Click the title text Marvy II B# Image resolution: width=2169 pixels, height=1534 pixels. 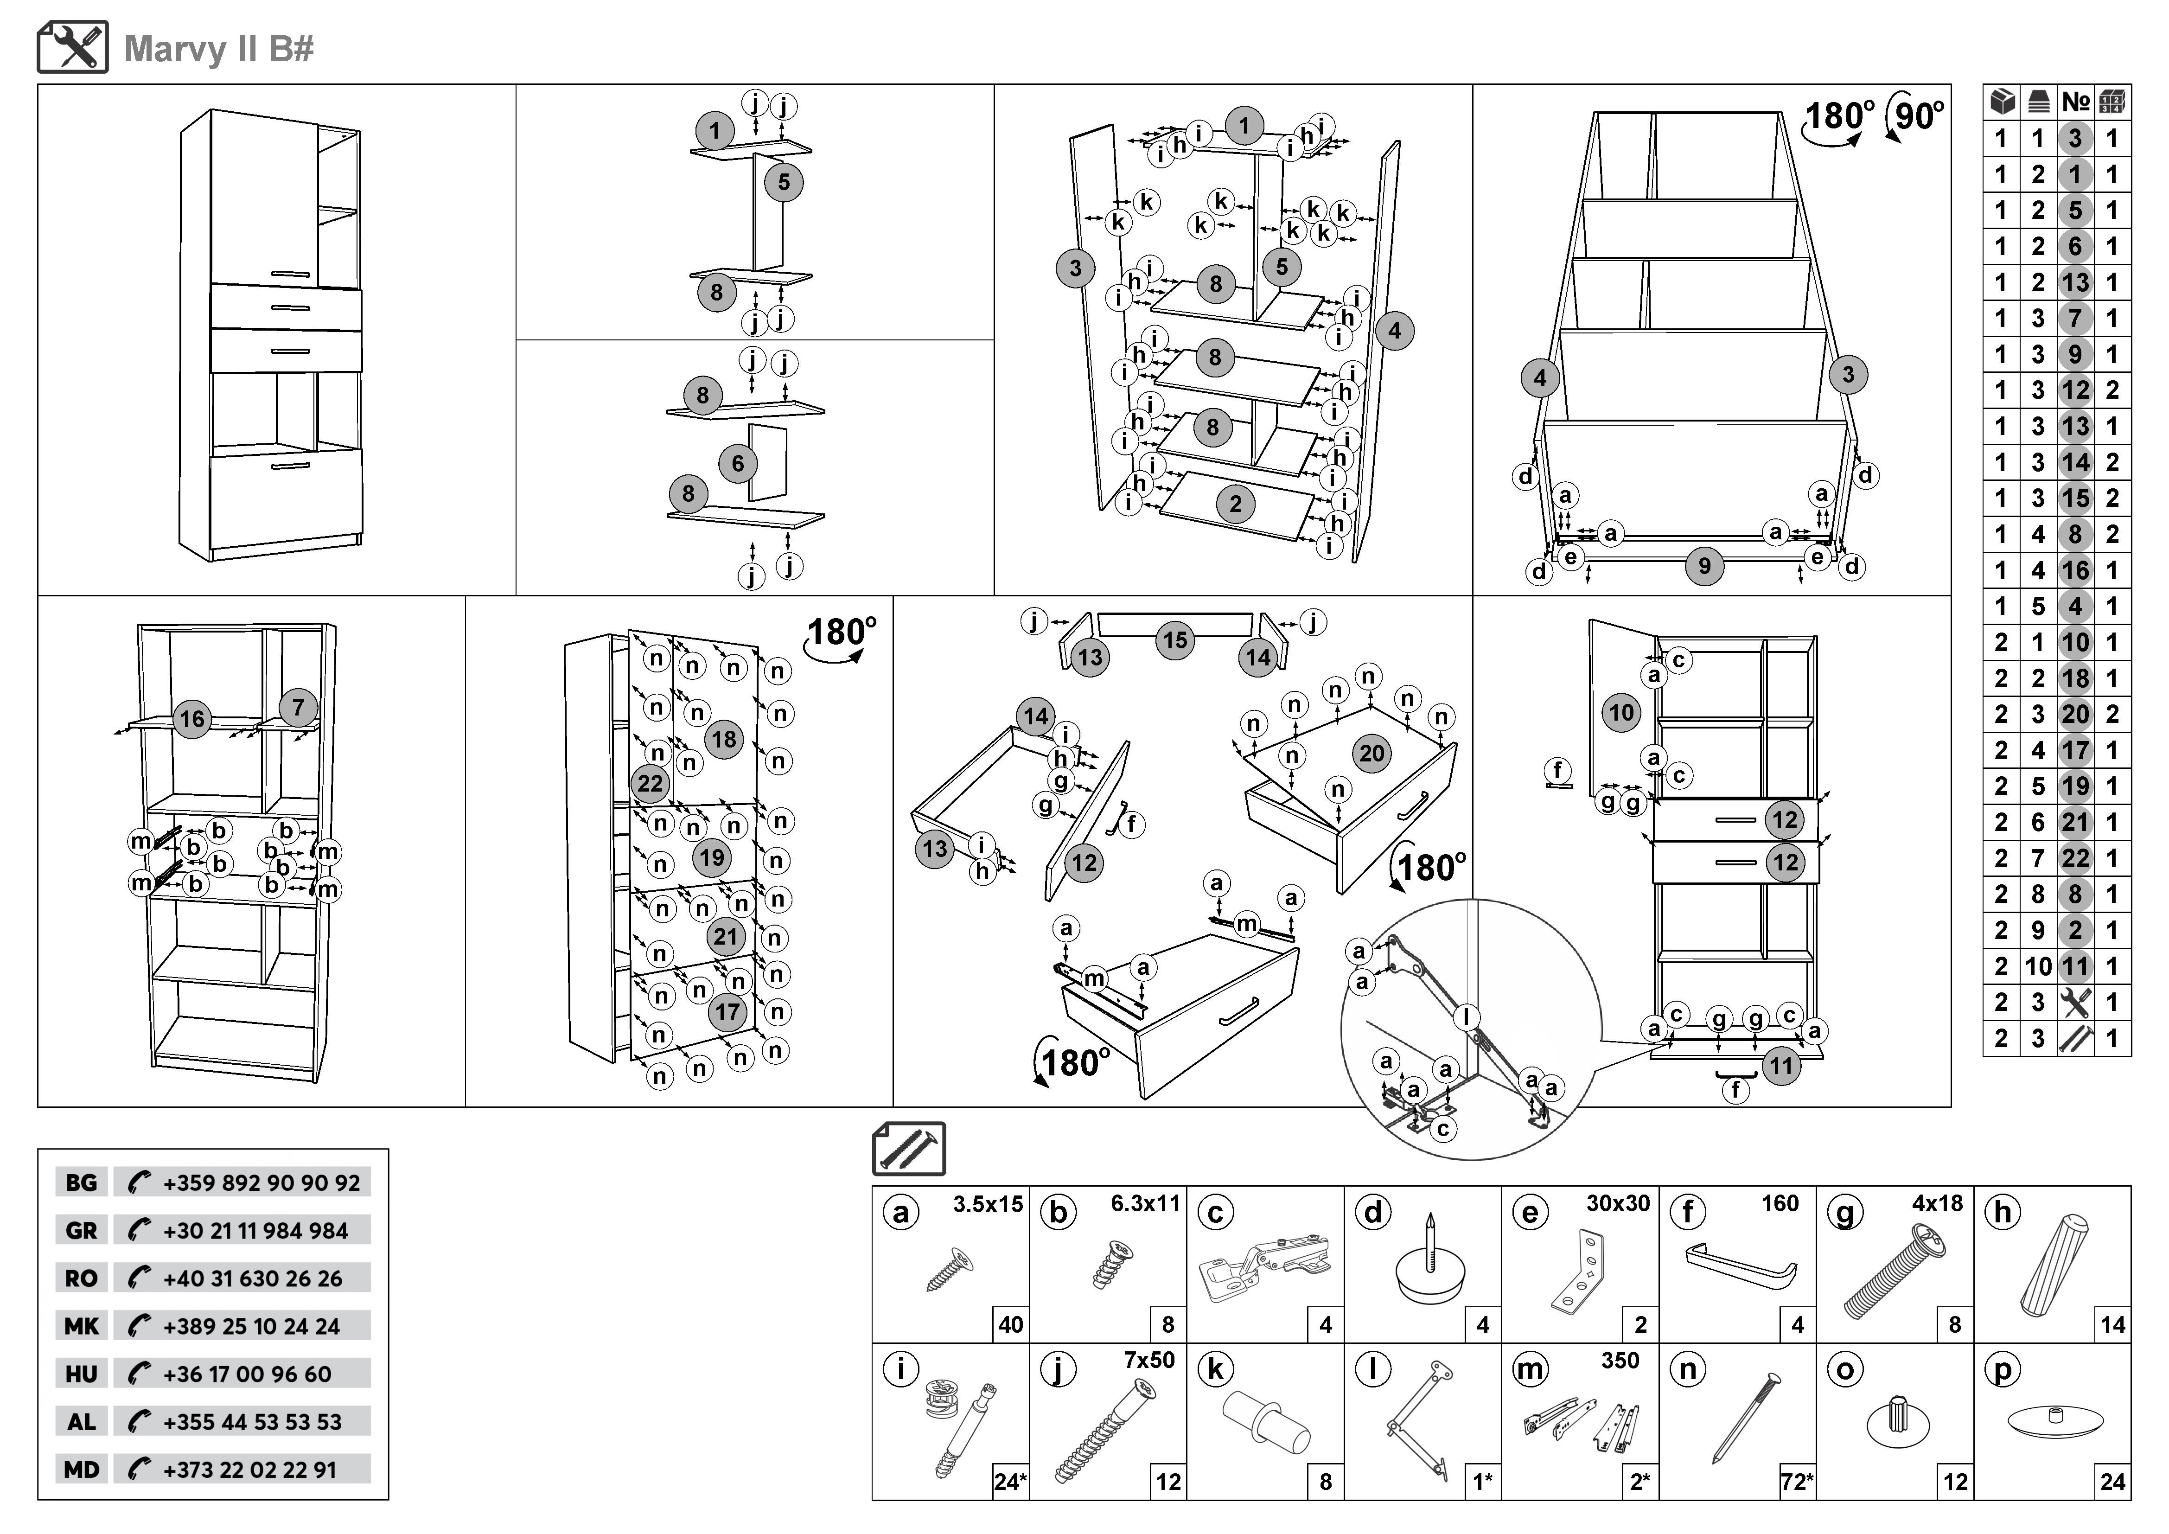pos(219,49)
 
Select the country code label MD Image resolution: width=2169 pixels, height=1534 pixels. pos(81,1470)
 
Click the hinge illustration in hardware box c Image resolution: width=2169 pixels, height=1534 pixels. pos(1264,1265)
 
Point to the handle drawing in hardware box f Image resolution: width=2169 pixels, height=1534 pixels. pos(1740,1266)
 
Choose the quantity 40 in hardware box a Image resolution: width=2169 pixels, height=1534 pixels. pos(1010,1324)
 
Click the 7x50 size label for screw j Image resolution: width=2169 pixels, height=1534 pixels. pos(1149,1360)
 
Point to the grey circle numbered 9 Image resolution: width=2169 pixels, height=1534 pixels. pos(1704,566)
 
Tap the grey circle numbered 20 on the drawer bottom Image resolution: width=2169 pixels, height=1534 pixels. pos(1372,753)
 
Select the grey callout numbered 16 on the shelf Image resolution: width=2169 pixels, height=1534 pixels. pos(192,719)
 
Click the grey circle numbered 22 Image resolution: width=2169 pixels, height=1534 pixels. pos(650,783)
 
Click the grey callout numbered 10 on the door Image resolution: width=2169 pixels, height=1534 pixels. pos(1621,712)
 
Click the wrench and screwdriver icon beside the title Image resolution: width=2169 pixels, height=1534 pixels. pos(73,47)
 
